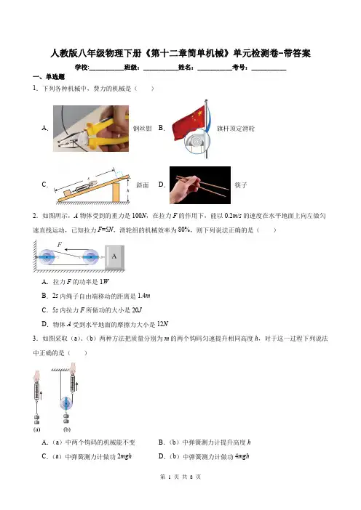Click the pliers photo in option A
pos(91,129)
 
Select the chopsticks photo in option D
pos(200,185)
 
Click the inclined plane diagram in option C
pos(92,186)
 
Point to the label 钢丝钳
pos(143,129)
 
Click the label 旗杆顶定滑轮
pos(236,129)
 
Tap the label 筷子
pos(241,185)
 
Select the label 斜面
pos(143,185)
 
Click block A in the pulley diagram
pos(114,256)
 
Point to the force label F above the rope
pos(60,245)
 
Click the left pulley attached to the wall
pos(47,257)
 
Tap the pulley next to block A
pos(90,257)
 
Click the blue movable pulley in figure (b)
pos(66,404)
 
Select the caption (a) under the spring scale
pos(37,429)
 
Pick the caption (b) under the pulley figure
pos(67,429)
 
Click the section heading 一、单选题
pos(49,77)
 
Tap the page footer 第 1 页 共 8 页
pos(180,477)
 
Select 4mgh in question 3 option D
pos(242,456)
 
